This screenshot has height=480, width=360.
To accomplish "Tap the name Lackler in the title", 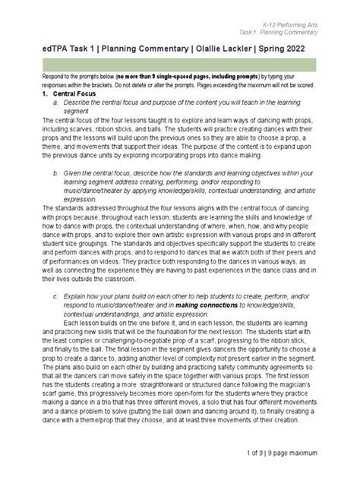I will point(235,49).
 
